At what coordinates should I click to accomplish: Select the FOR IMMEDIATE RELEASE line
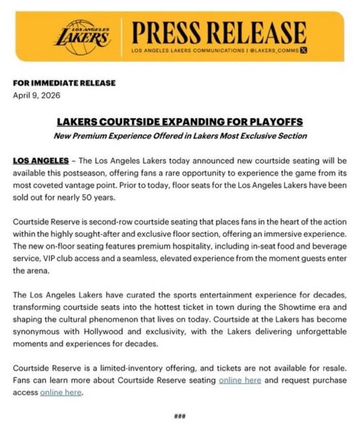tap(64, 83)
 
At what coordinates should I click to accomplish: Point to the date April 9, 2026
tap(37, 95)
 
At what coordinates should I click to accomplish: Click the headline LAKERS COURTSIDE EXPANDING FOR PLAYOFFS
tap(180, 122)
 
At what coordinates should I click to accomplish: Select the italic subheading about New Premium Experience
tap(180, 136)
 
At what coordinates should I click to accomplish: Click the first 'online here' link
tap(240, 380)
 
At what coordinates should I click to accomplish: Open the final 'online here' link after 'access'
tap(61, 392)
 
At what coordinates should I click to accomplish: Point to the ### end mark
tap(180, 416)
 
